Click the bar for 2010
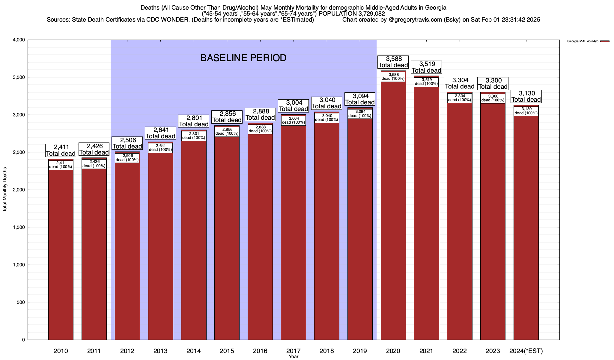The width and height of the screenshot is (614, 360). (x=61, y=255)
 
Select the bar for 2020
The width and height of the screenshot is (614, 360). (x=393, y=210)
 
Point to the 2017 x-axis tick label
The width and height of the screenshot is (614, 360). (x=293, y=351)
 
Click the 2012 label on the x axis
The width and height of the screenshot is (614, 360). (x=127, y=351)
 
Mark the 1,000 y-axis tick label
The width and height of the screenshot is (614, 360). (x=18, y=265)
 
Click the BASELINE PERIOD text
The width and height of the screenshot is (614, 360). (x=243, y=58)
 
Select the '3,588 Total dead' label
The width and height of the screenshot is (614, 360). (x=393, y=62)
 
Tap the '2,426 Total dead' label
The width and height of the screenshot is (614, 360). (x=94, y=149)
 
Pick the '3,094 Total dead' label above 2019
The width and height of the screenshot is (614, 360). (x=360, y=99)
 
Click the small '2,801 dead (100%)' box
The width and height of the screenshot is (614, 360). (x=194, y=136)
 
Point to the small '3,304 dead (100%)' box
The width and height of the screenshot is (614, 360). (x=460, y=98)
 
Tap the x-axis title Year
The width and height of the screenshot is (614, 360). (x=294, y=357)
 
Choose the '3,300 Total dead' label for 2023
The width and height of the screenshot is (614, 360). (x=493, y=83)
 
